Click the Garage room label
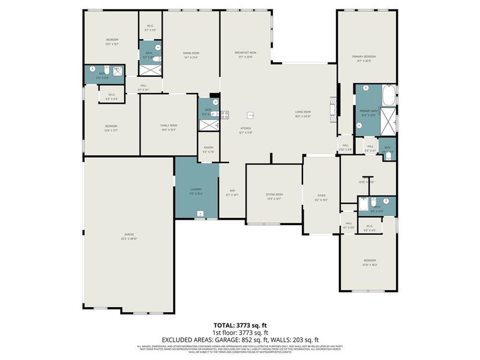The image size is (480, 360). coord(129,235)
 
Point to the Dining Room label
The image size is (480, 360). coord(191,53)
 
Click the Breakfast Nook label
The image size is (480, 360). coord(245,53)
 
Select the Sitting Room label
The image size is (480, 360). coord(274,194)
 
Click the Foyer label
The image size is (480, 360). coord(321,194)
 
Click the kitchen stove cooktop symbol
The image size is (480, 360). coord(224,115)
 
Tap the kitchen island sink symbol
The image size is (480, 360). coord(251,115)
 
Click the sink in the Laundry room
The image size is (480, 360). coord(199,212)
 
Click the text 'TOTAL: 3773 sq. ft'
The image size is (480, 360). coord(240,324)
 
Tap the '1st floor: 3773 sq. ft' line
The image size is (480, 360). coord(240,332)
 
